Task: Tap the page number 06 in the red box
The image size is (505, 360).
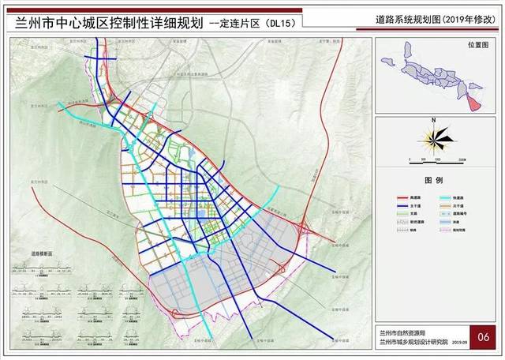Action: (484, 336)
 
